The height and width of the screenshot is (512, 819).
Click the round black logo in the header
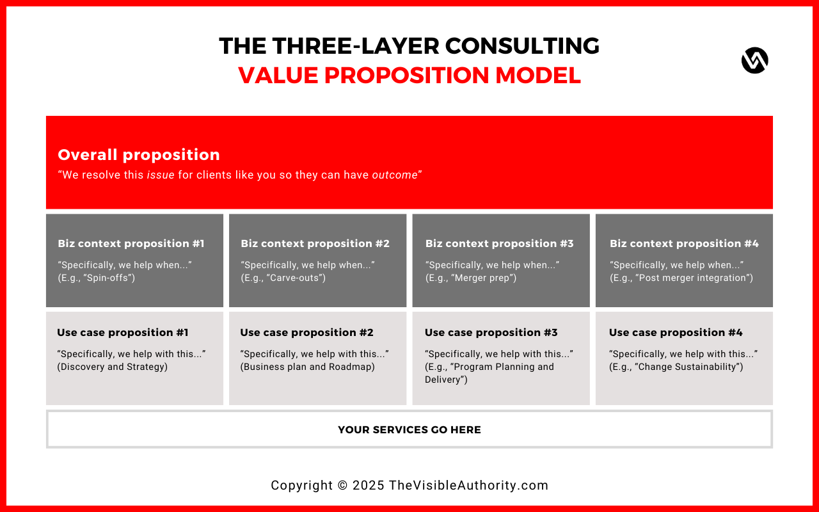[754, 61]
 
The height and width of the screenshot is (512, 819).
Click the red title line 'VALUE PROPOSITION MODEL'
[409, 76]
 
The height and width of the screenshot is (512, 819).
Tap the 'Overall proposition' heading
[139, 155]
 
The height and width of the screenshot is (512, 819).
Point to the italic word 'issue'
[161, 175]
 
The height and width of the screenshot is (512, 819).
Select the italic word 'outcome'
[395, 175]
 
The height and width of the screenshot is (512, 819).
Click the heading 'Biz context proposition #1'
[131, 243]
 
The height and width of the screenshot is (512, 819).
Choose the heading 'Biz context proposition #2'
[315, 243]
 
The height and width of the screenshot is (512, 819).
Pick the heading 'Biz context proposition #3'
[500, 243]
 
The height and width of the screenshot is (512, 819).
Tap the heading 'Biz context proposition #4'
[684, 243]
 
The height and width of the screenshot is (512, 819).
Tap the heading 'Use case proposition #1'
[123, 332]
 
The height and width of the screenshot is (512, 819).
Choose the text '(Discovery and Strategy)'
[113, 367]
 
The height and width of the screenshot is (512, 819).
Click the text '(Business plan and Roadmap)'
[307, 367]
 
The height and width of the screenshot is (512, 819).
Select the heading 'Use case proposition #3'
[491, 332]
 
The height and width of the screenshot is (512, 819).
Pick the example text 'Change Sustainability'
[687, 367]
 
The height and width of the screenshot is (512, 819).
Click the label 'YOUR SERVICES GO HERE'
[409, 430]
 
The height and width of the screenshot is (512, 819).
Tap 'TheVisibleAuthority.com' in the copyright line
[468, 485]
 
